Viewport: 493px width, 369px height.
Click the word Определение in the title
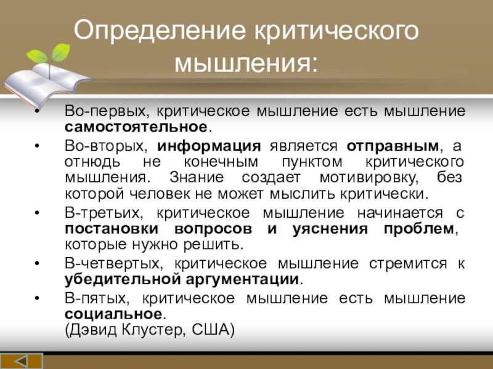tap(160, 30)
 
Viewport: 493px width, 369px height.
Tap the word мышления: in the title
tap(246, 63)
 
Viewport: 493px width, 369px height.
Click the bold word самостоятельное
tap(136, 127)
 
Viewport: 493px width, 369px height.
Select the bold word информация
tap(209, 146)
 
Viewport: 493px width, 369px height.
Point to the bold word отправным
tap(393, 146)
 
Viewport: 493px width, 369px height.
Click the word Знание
tap(197, 177)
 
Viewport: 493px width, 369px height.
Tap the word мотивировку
tap(369, 178)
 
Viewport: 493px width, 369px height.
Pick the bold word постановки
tap(112, 229)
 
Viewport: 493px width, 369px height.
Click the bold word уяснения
tap(330, 229)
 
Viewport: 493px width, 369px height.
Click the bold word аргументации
tap(242, 279)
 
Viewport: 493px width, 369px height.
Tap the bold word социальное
tap(113, 314)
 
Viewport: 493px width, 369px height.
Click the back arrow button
tap(22, 361)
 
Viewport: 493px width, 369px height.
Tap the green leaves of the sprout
tap(49, 54)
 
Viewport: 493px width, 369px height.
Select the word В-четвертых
tap(114, 263)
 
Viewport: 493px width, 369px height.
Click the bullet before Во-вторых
tap(38, 146)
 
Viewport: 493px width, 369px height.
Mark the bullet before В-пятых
tap(38, 298)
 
